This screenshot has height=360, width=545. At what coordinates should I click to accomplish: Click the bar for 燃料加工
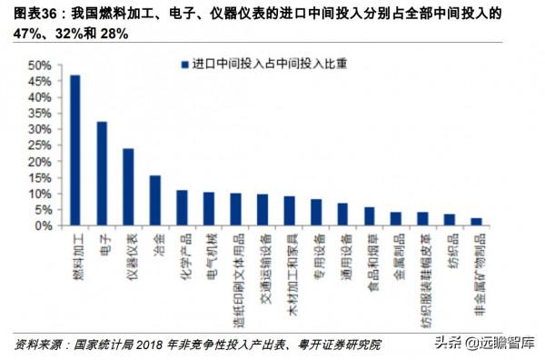pyautogui.click(x=74, y=150)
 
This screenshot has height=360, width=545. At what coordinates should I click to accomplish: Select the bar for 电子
pyautogui.click(x=102, y=173)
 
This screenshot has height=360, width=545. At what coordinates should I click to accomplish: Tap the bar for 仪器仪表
pyautogui.click(x=128, y=186)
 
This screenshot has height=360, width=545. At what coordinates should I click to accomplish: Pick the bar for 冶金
pyautogui.click(x=155, y=200)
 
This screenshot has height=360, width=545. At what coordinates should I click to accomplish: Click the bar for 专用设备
pyautogui.click(x=316, y=212)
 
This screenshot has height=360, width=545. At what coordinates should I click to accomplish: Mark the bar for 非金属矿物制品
pyautogui.click(x=477, y=221)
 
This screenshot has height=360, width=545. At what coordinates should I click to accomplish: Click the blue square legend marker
pyautogui.click(x=184, y=65)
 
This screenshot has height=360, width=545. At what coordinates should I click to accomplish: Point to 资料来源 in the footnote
pyautogui.click(x=33, y=345)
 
